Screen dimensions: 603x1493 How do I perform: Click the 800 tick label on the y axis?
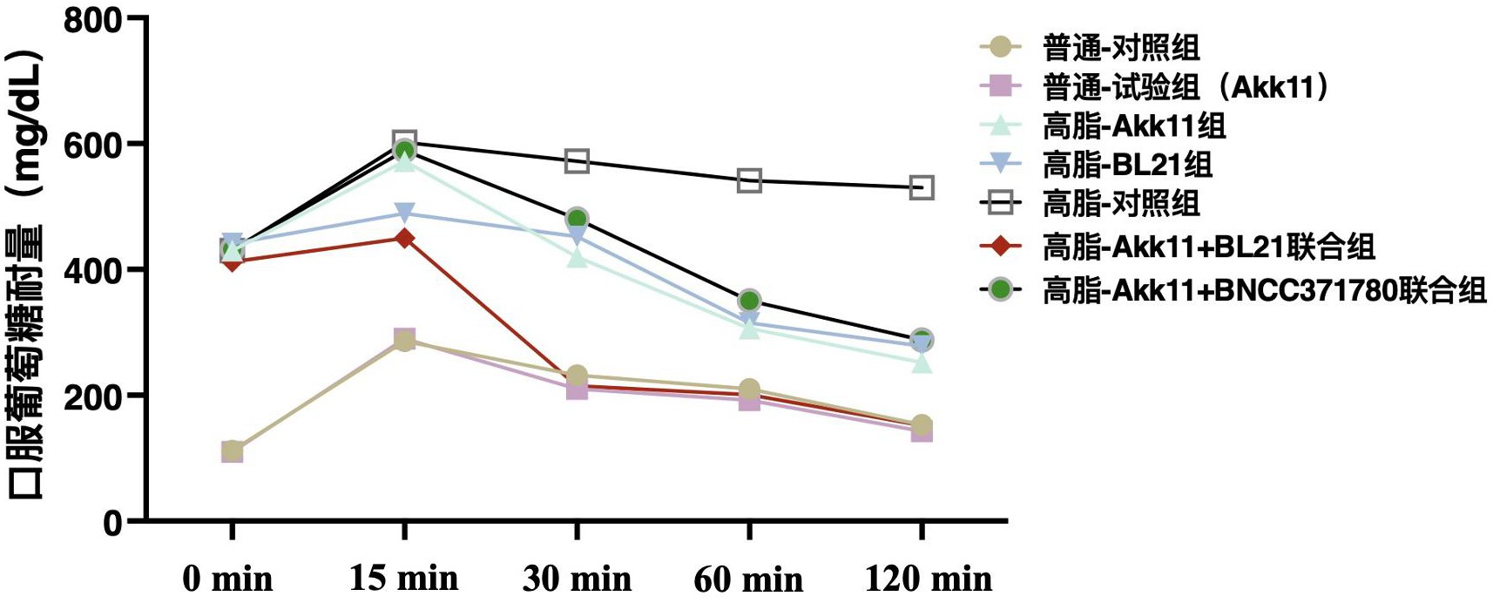point(92,19)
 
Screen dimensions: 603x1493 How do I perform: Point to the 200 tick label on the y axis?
point(92,396)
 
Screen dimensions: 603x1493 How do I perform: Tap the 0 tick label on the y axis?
point(113,523)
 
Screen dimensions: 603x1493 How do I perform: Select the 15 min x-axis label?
point(403,578)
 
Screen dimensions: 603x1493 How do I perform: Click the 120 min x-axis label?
point(928,578)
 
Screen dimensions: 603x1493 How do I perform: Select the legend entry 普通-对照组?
point(1121,47)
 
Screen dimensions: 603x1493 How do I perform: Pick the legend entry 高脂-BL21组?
point(1127,164)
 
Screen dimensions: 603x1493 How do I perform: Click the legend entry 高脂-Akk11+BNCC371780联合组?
point(1264,289)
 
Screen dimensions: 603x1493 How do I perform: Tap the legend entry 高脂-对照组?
point(1121,203)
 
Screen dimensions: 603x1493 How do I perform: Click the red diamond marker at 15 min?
point(404,238)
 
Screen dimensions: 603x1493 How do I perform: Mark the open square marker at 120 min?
point(922,187)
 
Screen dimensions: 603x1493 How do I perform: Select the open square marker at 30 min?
point(577,161)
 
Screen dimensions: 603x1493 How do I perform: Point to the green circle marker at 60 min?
point(749,301)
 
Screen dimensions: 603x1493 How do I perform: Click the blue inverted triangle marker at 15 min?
point(404,213)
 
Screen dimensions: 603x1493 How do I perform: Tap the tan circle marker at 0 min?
point(232,451)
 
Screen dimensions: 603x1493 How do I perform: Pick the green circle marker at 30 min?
point(577,219)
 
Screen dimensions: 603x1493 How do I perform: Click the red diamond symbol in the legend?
point(1001,247)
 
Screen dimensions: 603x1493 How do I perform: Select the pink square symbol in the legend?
point(1001,86)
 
